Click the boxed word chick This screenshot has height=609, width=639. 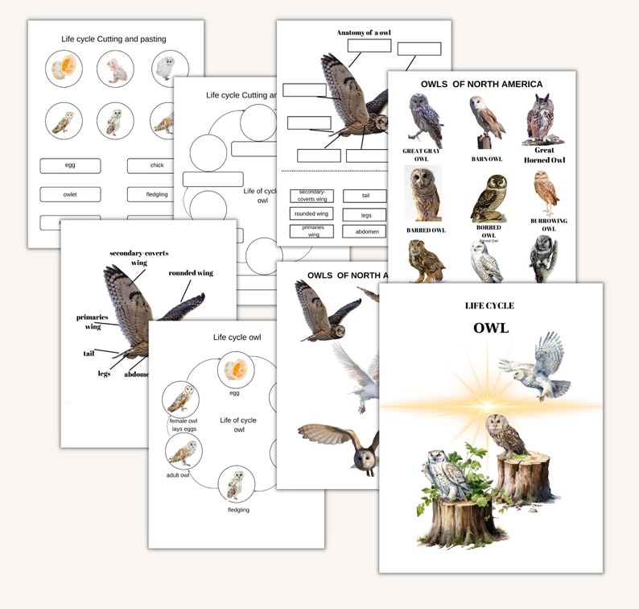pyautogui.click(x=157, y=166)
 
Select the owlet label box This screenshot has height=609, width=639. pyautogui.click(x=70, y=194)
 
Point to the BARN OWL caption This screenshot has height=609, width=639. pyautogui.click(x=487, y=159)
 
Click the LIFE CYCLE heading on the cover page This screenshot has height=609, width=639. pyautogui.click(x=489, y=306)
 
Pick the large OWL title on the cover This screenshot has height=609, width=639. pyautogui.click(x=490, y=328)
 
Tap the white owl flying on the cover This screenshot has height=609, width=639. pyautogui.click(x=534, y=367)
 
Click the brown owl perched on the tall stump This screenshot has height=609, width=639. pyautogui.click(x=505, y=436)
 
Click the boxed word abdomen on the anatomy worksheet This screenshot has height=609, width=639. pyautogui.click(x=364, y=231)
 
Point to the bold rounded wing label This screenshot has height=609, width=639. pyautogui.click(x=191, y=273)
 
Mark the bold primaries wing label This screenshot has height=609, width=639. pyautogui.click(x=93, y=321)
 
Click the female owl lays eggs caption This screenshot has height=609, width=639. pyautogui.click(x=183, y=425)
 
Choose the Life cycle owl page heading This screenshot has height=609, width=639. pyautogui.click(x=237, y=337)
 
